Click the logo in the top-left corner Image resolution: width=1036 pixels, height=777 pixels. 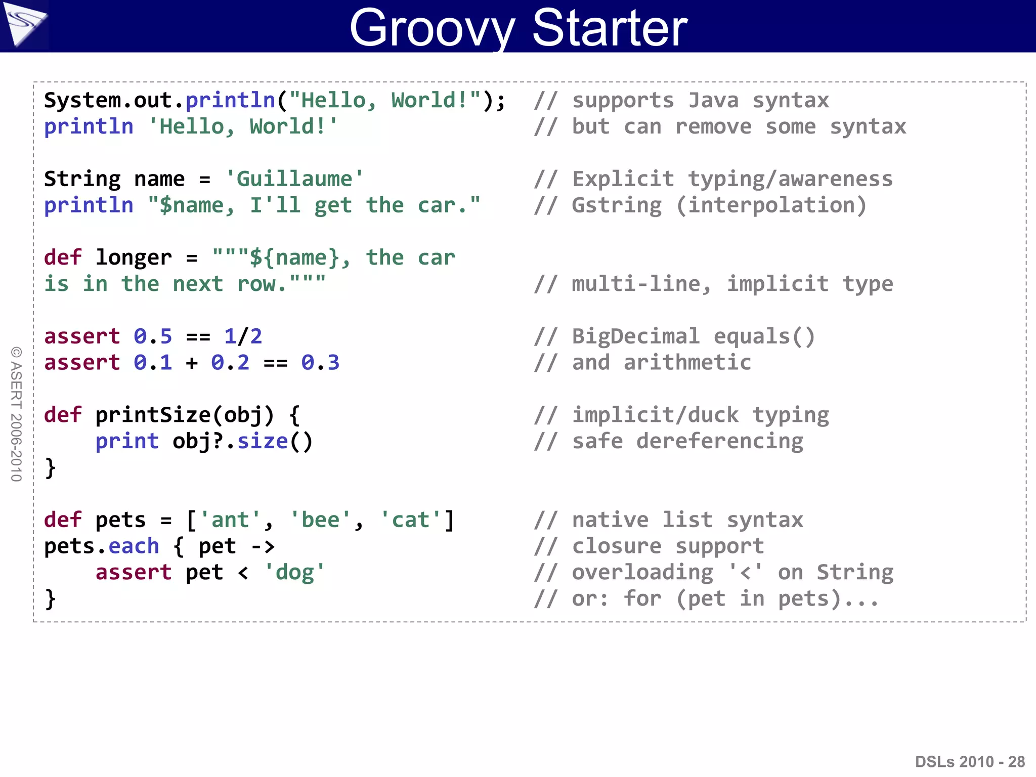pos(24,24)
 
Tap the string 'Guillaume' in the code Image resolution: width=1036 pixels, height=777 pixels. pos(294,179)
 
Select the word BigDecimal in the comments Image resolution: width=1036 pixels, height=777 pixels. pos(636,336)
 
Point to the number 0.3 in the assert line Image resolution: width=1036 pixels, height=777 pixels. pos(320,363)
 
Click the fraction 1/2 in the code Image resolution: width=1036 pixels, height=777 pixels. pos(243,336)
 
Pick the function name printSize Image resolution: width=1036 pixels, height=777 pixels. pos(153,415)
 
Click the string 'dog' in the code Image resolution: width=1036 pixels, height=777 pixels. pos(294,573)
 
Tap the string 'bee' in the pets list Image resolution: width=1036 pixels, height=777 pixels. pos(320,520)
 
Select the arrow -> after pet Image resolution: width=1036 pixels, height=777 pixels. pos(263,546)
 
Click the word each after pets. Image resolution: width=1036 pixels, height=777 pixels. pos(134,546)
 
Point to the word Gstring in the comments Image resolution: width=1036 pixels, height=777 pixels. pos(617,205)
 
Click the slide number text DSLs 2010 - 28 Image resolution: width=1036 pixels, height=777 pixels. pos(969,761)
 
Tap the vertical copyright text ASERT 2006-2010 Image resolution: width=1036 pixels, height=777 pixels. pos(16,414)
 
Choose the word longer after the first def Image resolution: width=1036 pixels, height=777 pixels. pos(134,258)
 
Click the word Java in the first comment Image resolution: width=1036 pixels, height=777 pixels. pos(713,101)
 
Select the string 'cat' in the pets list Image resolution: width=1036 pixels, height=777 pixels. pos(410,520)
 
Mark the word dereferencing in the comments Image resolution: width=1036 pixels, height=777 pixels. pos(719,442)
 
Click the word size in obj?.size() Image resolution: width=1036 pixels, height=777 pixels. pos(263,442)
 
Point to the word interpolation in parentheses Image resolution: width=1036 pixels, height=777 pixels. pos(771,205)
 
